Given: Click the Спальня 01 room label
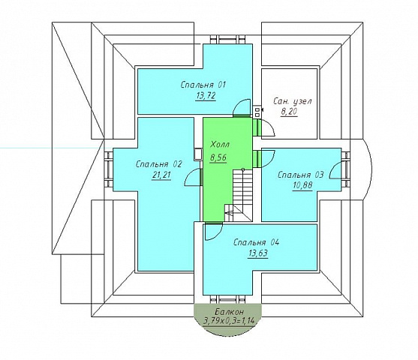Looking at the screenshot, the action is [x=203, y=85].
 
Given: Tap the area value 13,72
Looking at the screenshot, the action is [x=206, y=96].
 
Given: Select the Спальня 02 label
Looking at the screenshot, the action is [x=158, y=164].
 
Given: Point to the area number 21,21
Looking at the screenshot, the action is [x=161, y=175].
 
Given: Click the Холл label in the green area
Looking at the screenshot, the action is [x=220, y=145].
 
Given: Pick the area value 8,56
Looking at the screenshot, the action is [x=218, y=157].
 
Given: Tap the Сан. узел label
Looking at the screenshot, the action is [x=293, y=101].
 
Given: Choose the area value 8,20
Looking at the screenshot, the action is [x=289, y=112].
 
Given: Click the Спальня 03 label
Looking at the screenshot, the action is [x=301, y=175].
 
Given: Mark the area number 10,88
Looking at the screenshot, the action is [x=302, y=185].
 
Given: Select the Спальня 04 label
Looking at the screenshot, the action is [x=256, y=242].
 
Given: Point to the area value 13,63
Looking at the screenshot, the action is [x=258, y=253].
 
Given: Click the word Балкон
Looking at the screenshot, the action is [x=229, y=312].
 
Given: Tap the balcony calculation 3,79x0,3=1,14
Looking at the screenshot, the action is [x=229, y=321].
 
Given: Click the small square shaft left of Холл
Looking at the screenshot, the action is [x=198, y=154].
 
